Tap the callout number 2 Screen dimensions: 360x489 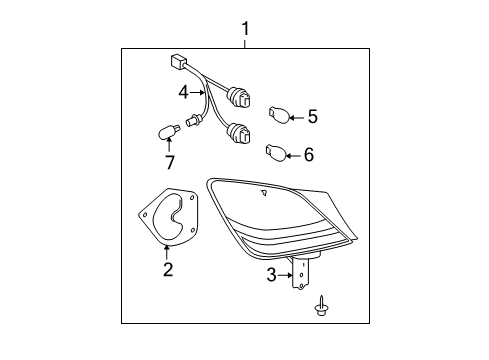point(167,268)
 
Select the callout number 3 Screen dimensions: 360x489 point(270,273)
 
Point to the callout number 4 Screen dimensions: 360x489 point(184,94)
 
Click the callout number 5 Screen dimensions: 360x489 point(312,118)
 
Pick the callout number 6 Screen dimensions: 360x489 point(308,154)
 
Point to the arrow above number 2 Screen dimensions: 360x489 point(167,250)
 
